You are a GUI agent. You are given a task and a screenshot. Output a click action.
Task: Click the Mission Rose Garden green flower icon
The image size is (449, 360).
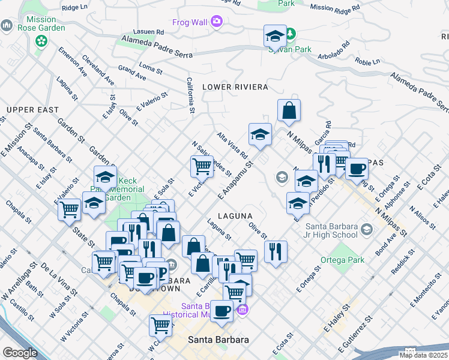(41, 41)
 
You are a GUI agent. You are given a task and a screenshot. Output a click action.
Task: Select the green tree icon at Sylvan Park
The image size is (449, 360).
(291, 34)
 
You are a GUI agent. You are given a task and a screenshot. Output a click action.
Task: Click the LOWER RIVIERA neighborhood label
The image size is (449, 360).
(235, 87)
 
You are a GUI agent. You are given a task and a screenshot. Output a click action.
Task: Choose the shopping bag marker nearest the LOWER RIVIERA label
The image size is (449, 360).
(289, 110)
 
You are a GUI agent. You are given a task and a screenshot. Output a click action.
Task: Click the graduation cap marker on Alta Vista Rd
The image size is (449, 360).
(261, 134)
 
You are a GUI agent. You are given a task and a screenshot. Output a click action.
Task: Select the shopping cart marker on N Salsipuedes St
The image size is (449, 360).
(202, 166)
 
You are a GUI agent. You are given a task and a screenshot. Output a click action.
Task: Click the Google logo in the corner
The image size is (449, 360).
(20, 353)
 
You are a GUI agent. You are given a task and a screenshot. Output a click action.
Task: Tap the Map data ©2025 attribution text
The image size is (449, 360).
(424, 355)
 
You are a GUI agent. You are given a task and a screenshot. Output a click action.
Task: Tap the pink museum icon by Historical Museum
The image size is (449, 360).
(242, 310)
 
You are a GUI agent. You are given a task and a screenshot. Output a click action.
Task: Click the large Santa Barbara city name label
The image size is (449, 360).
(218, 340)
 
